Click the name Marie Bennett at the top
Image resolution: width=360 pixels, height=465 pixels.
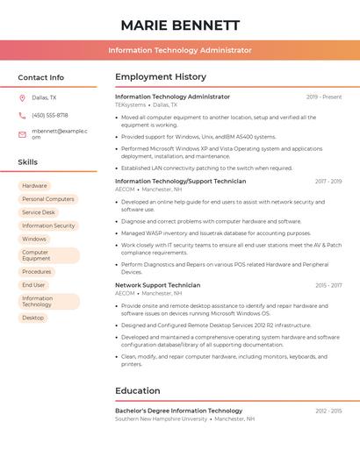click(180, 25)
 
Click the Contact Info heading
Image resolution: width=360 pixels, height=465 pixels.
click(41, 77)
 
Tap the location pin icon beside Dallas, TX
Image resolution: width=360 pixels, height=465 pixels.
click(22, 97)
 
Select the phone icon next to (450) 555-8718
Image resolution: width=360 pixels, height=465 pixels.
click(22, 115)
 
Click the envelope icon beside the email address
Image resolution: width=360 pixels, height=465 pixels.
click(22, 134)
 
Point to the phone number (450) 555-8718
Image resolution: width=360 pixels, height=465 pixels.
click(50, 115)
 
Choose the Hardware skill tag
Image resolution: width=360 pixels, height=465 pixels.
click(34, 186)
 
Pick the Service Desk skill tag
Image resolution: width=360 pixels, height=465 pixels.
click(39, 212)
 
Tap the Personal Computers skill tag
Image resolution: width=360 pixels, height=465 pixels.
click(47, 199)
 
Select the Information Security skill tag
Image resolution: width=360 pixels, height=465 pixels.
click(48, 225)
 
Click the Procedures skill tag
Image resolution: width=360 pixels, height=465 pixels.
click(37, 272)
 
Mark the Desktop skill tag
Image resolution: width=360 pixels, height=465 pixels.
click(32, 318)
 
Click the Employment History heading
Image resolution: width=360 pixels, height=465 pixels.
click(161, 77)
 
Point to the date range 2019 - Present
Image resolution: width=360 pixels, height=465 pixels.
click(324, 97)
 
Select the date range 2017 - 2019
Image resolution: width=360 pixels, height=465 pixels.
click(328, 182)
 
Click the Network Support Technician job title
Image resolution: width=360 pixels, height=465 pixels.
click(158, 285)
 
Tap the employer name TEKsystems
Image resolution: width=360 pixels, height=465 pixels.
click(131, 104)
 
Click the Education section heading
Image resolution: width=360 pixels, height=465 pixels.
click(138, 390)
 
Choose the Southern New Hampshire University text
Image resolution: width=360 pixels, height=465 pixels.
click(162, 418)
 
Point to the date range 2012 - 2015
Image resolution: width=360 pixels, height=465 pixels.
click(328, 411)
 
